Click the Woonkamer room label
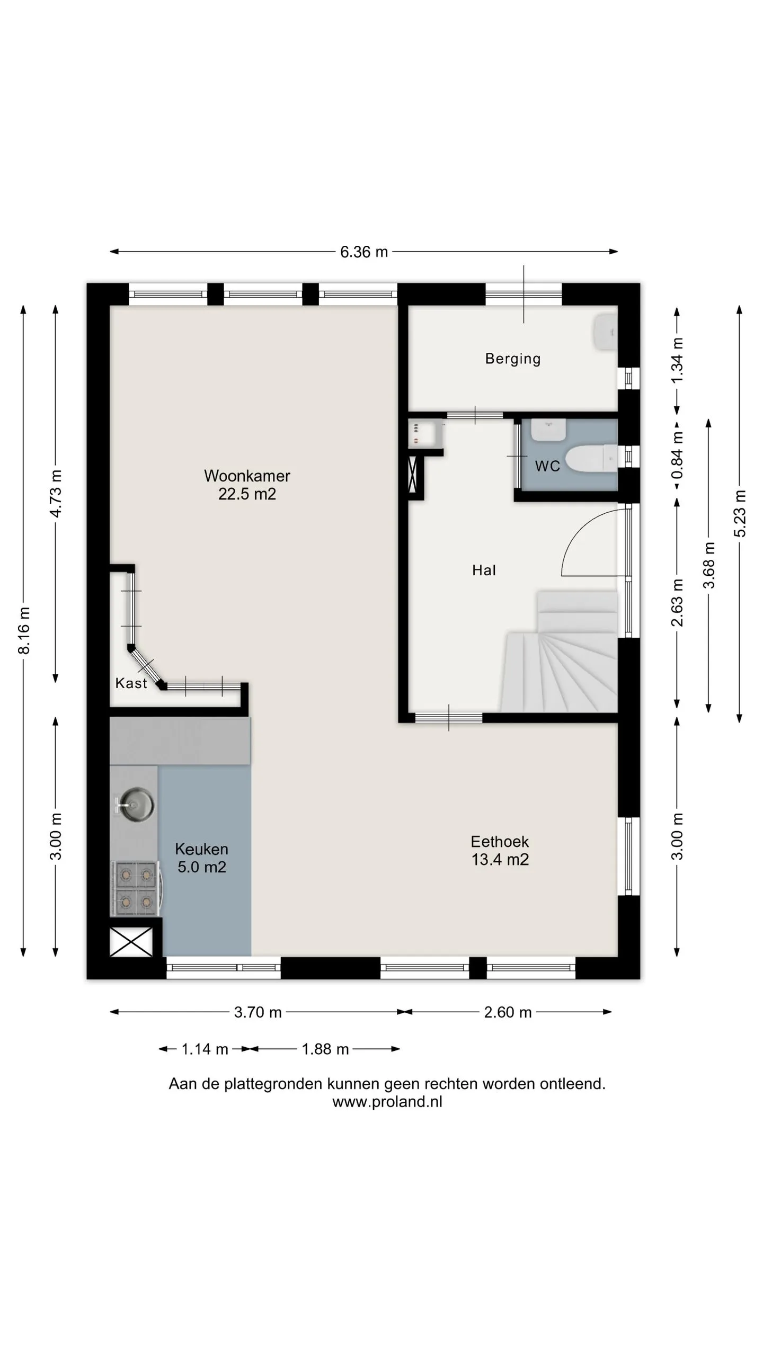pyautogui.click(x=247, y=484)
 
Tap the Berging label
pyautogui.click(x=513, y=359)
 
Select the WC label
pyautogui.click(x=547, y=466)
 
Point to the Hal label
pyautogui.click(x=484, y=570)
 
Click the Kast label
pyautogui.click(x=131, y=683)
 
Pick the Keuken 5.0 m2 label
pyautogui.click(x=202, y=858)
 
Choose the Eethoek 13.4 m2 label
pyautogui.click(x=500, y=850)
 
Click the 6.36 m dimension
pyautogui.click(x=363, y=252)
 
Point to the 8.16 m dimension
pyautogui.click(x=24, y=630)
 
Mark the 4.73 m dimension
pyautogui.click(x=56, y=494)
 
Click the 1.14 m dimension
pyautogui.click(x=205, y=1049)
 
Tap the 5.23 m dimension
pyautogui.click(x=740, y=514)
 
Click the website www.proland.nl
pyautogui.click(x=387, y=1102)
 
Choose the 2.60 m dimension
pyautogui.click(x=508, y=1012)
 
